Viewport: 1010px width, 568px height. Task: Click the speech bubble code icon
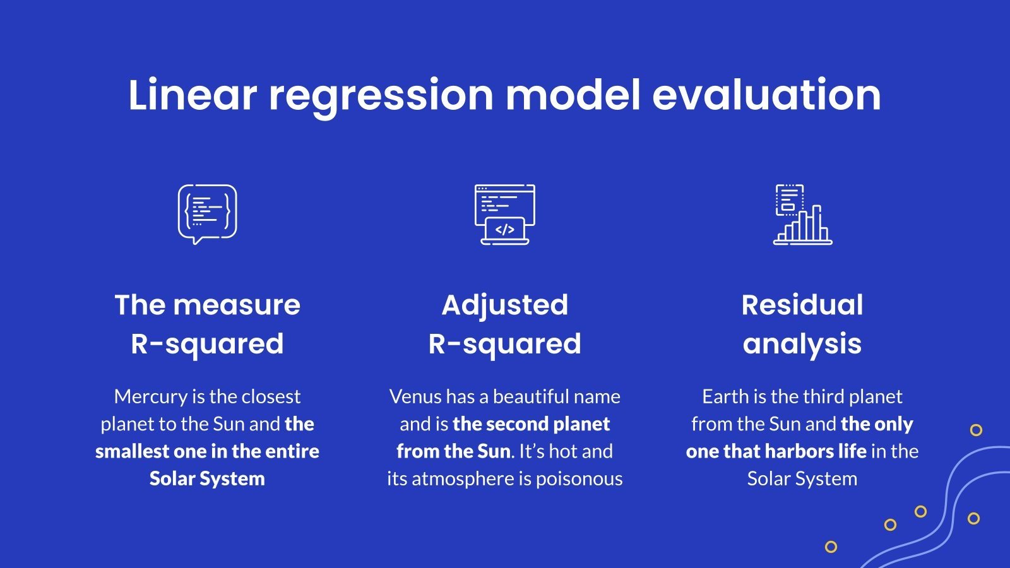[207, 214]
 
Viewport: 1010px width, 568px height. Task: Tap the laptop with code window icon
[504, 214]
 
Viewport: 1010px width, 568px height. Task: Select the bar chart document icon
[802, 214]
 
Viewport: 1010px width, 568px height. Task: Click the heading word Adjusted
[504, 305]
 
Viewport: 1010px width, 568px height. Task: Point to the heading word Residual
[802, 305]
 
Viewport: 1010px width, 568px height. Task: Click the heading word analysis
[802, 344]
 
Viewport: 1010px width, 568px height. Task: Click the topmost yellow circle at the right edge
[976, 430]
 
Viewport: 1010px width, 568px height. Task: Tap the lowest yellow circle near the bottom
[831, 547]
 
